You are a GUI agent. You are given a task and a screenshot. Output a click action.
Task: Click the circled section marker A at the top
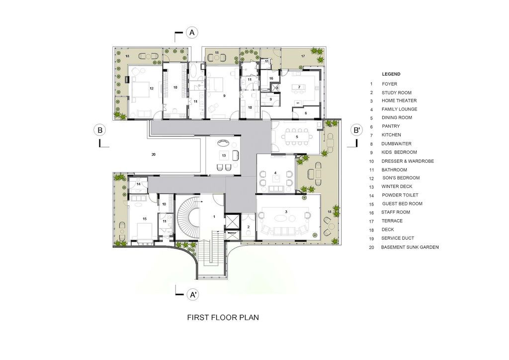click(192, 33)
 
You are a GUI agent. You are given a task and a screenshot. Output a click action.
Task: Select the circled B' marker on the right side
click(356, 130)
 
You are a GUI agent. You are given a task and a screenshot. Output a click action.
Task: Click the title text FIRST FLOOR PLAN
click(223, 317)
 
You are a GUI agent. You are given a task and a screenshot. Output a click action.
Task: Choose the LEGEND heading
click(391, 74)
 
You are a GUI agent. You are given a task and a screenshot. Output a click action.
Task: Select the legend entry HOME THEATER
click(399, 101)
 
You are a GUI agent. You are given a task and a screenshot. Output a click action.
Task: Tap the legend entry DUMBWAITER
click(398, 143)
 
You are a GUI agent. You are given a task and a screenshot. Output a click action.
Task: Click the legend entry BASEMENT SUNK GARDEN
click(410, 247)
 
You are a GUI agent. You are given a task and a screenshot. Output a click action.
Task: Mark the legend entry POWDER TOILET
click(400, 195)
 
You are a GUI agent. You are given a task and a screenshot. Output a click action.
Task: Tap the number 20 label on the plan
click(154, 155)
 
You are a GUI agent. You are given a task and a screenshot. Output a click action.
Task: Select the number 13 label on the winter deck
click(224, 156)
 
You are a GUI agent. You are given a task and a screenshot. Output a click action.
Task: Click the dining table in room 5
click(297, 136)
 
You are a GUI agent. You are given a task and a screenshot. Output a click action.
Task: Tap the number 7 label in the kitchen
click(299, 87)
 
